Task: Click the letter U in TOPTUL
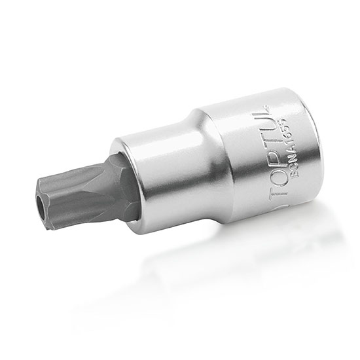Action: [x=262, y=134]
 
